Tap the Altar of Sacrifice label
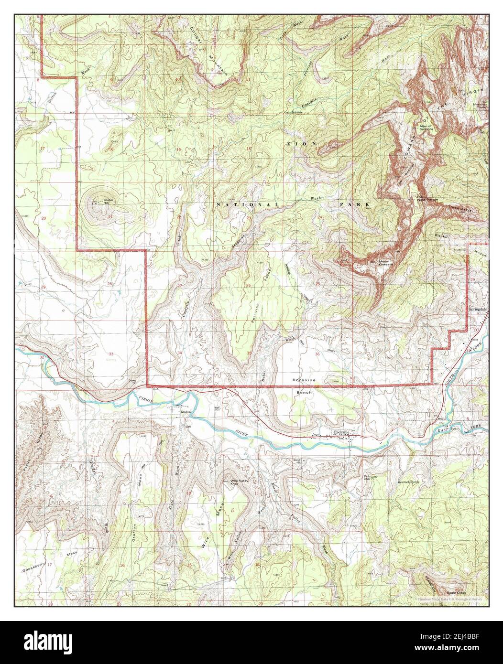pyautogui.click(x=426, y=128)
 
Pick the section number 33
pyautogui.click(x=111, y=354)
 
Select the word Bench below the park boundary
pyautogui.click(x=304, y=393)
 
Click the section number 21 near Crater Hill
pyautogui.click(x=109, y=217)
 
